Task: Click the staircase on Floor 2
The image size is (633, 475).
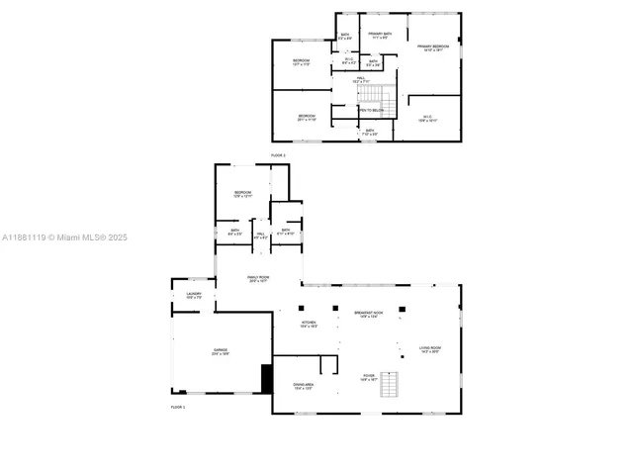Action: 370,94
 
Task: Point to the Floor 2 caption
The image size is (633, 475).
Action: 279,155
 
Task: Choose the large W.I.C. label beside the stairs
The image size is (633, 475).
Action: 428,120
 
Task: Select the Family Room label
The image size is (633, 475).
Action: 259,279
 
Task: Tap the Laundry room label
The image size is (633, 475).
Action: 194,295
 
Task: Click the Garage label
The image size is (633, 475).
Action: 221,351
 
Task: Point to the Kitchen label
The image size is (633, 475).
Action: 310,324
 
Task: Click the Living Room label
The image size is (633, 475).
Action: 429,349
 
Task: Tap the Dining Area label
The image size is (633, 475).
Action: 304,386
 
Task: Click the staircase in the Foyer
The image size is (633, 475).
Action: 393,383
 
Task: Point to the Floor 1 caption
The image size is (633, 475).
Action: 178,407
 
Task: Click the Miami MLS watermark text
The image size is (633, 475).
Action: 64,237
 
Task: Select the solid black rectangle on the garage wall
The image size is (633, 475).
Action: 265,379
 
